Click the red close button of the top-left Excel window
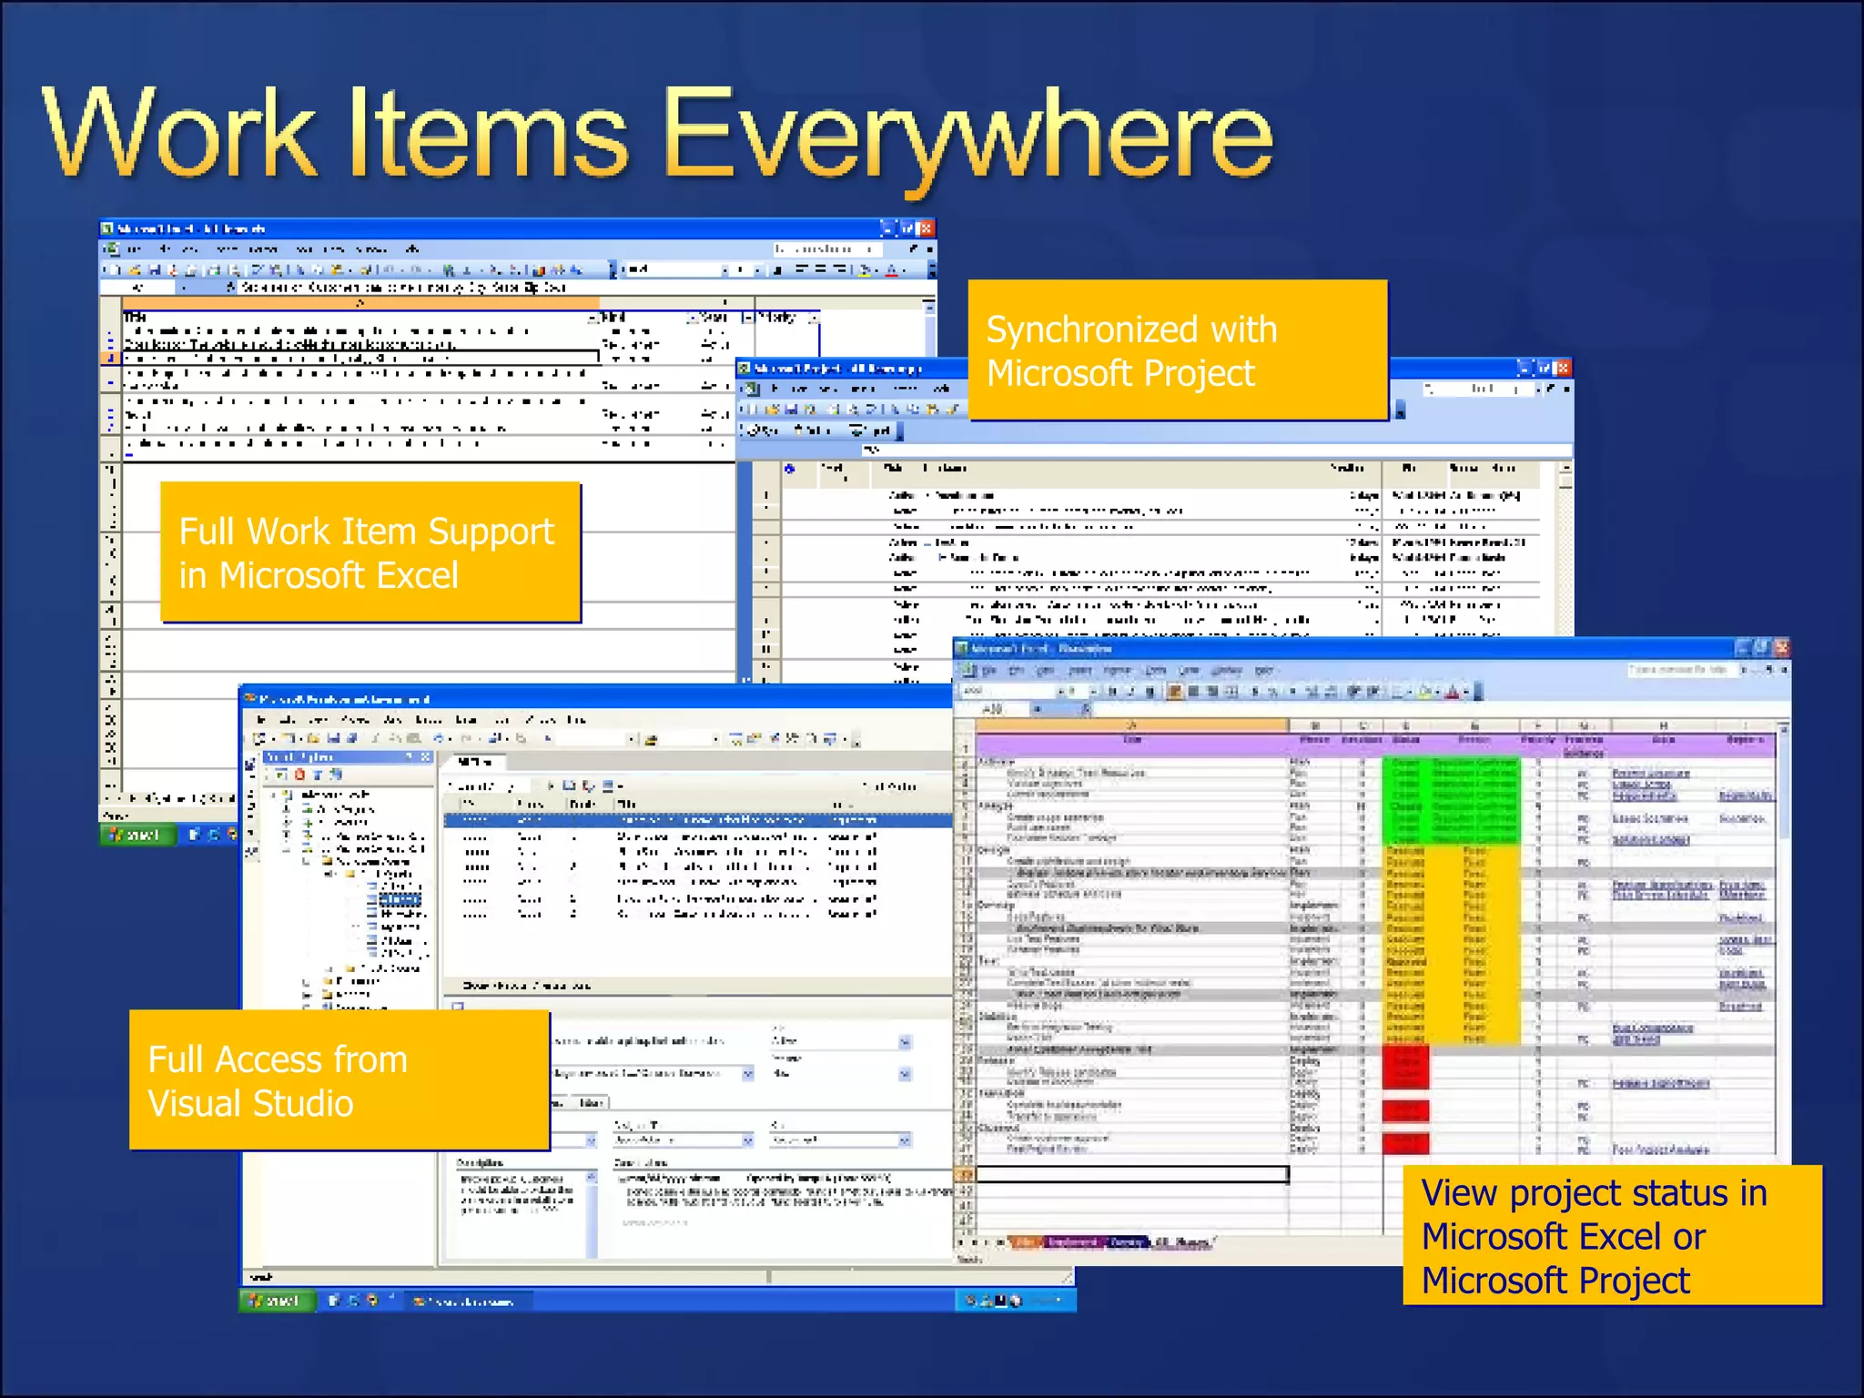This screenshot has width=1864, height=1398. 926,228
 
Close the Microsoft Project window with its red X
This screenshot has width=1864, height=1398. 1563,368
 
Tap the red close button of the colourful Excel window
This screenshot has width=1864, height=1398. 1781,648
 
